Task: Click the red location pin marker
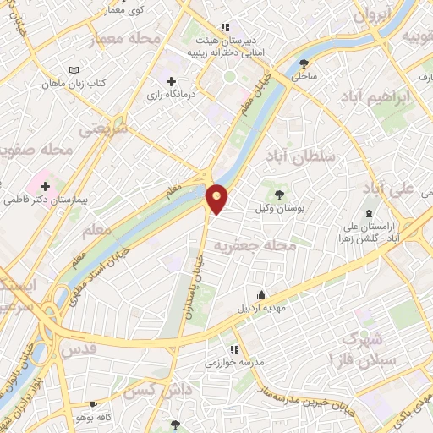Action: pyautogui.click(x=217, y=198)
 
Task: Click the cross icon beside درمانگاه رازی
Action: pyautogui.click(x=172, y=81)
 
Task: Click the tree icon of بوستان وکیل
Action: pyautogui.click(x=280, y=195)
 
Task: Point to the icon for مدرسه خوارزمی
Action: pyautogui.click(x=233, y=348)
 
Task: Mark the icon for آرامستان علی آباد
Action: pyautogui.click(x=369, y=213)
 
